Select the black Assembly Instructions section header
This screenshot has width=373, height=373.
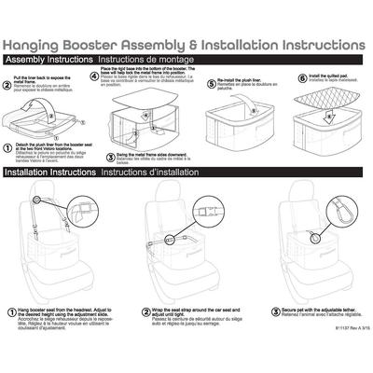point(40,60)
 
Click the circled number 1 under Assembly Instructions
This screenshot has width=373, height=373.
point(8,146)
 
